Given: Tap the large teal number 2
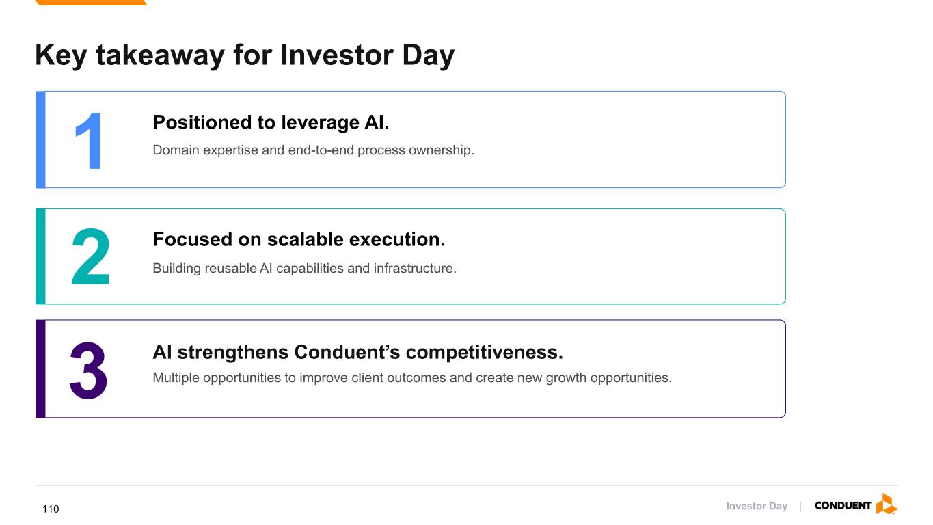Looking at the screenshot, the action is click(90, 256).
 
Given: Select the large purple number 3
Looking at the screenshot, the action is click(88, 370).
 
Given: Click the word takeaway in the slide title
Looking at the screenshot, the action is click(161, 56).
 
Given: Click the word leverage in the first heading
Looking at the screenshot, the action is click(320, 123).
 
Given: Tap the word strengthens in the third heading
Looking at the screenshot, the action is click(233, 353).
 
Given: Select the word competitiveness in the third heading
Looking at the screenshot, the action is click(485, 353).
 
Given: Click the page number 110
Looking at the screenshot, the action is click(51, 509).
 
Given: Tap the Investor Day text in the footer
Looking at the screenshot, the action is click(757, 506).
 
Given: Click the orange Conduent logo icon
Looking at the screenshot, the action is click(887, 504).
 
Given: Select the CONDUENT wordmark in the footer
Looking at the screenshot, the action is click(843, 505).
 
